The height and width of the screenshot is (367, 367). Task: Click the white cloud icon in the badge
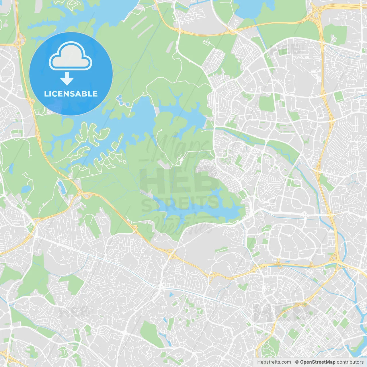pyautogui.click(x=71, y=56)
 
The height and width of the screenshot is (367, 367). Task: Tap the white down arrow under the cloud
pyautogui.click(x=67, y=79)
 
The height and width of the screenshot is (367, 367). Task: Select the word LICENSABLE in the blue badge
pyautogui.click(x=71, y=94)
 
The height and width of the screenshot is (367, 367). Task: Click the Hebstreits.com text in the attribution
pyautogui.click(x=274, y=362)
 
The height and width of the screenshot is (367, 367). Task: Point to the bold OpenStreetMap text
pyautogui.click(x=318, y=362)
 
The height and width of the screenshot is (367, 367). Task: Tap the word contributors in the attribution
pyautogui.click(x=350, y=362)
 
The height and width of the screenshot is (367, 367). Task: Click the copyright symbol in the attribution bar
pyautogui.click(x=297, y=362)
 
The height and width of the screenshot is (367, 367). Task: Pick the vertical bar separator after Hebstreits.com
pyautogui.click(x=293, y=362)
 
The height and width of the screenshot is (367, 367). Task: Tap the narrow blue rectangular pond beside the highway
pyautogui.click(x=61, y=187)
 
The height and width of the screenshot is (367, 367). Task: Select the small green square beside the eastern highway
pyautogui.click(x=339, y=97)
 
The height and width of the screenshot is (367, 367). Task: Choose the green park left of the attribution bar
pyautogui.click(x=270, y=348)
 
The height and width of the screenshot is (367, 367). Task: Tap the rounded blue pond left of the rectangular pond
pyautogui.click(x=26, y=189)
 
